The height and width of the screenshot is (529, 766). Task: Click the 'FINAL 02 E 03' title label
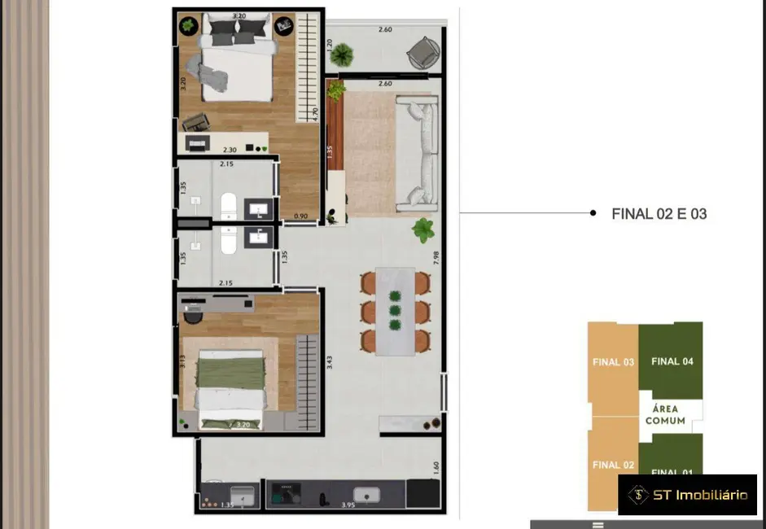(x=659, y=214)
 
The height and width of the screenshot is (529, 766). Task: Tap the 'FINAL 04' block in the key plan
(x=672, y=361)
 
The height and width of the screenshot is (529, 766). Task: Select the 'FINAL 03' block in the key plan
(x=613, y=362)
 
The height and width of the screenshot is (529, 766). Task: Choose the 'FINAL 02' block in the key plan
(x=613, y=465)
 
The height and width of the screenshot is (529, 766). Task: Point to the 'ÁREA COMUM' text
(x=665, y=415)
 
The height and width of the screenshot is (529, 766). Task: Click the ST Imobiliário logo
(x=687, y=495)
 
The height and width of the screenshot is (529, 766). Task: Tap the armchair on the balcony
(x=422, y=53)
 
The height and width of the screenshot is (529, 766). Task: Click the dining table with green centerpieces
(x=396, y=310)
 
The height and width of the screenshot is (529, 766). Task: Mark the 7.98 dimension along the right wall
(x=438, y=259)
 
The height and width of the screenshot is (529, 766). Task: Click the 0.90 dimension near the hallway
(x=300, y=216)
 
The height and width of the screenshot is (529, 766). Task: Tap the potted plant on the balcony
(x=343, y=55)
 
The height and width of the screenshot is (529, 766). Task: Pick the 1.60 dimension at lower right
(x=436, y=468)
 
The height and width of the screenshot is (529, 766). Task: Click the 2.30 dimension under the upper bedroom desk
(x=230, y=150)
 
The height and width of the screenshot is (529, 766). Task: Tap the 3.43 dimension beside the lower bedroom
(x=329, y=361)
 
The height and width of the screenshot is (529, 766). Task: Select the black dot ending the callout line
(x=593, y=213)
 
